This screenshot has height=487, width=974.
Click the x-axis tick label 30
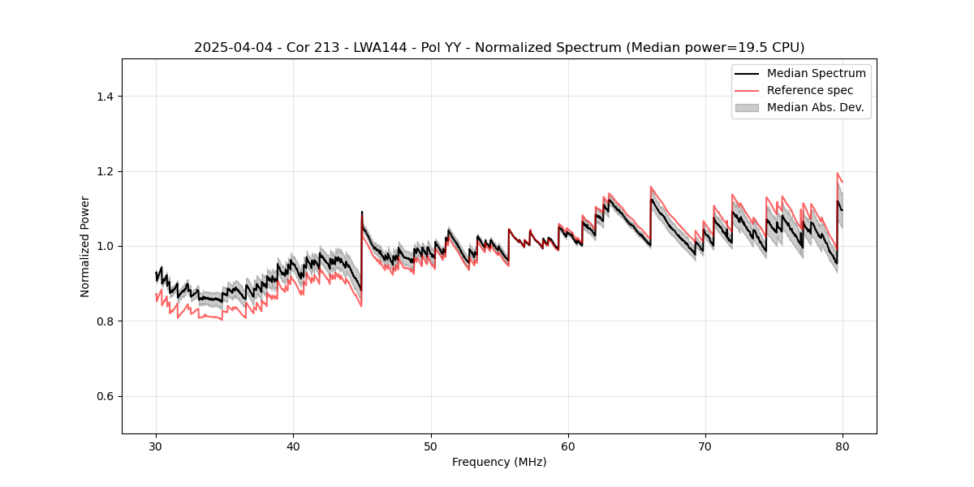156,446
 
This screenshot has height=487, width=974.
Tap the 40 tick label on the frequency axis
293,446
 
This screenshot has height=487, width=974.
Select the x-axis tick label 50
430,446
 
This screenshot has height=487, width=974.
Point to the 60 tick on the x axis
568,446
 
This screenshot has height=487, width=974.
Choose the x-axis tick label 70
705,446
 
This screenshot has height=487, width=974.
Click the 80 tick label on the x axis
843,446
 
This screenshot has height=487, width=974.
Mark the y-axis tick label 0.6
105,396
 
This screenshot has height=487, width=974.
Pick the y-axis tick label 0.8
105,321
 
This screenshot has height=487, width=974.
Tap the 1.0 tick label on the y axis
105,246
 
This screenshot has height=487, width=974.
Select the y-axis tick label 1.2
105,171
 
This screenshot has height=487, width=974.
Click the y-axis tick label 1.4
105,97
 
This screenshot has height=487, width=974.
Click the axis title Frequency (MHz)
499,462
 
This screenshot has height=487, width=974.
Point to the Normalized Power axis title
85,246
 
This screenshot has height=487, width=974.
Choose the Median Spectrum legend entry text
816,73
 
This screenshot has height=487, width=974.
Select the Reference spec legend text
809,90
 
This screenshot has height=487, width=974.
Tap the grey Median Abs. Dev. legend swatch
747,107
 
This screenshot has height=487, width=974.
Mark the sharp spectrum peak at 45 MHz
362,213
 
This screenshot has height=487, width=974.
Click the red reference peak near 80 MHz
838,174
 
